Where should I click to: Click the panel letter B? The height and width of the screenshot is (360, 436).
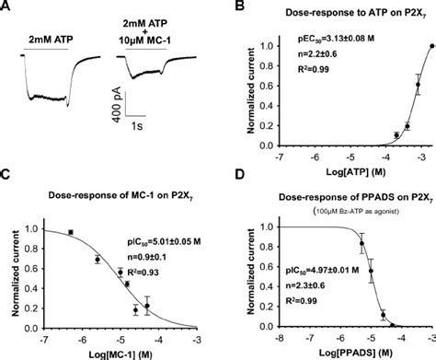coord(235,7)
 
